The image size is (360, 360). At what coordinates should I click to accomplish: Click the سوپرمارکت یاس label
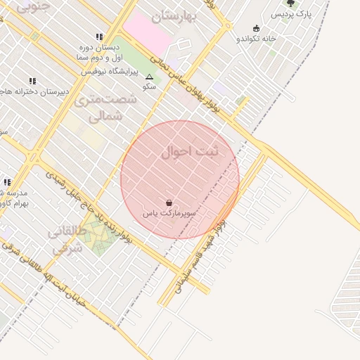pyautogui.click(x=169, y=212)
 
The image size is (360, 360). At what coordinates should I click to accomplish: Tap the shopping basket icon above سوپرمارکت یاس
pyautogui.click(x=169, y=202)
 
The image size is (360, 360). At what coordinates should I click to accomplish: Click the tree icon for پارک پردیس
pyautogui.click(x=290, y=3)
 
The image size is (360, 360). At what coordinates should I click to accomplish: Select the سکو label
pyautogui.click(x=149, y=86)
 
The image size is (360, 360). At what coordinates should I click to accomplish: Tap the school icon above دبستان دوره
pyautogui.click(x=99, y=37)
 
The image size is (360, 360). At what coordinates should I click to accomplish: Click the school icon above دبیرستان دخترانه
pyautogui.click(x=32, y=81)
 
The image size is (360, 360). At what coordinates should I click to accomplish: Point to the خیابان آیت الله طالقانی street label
pyautogui.click(x=49, y=285)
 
